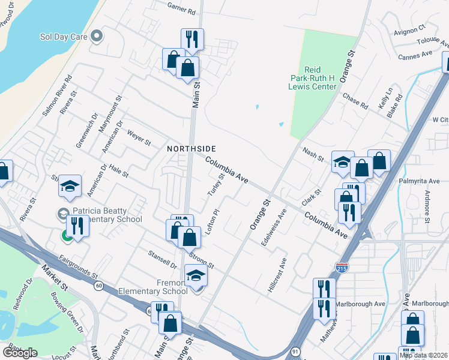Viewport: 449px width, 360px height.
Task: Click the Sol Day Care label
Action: [x=64, y=37]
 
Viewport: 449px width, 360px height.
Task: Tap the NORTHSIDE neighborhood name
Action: [x=191, y=148]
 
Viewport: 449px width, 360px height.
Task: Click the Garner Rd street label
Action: [x=182, y=11]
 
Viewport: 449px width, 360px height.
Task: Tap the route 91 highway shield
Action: [x=295, y=350]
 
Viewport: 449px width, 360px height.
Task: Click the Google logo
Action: [x=20, y=353]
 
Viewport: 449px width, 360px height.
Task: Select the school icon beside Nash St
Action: [x=343, y=162]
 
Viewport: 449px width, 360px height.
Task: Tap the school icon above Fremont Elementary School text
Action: [x=196, y=276]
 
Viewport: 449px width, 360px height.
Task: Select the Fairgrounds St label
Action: [x=77, y=266]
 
